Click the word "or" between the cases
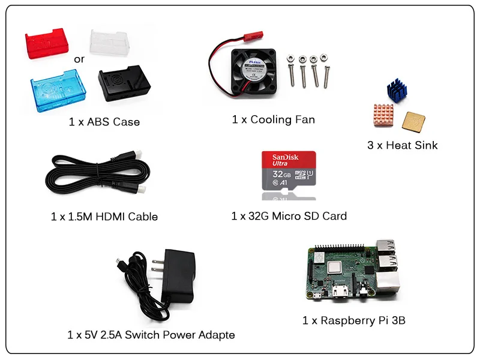click(79, 59)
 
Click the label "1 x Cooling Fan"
click(273, 119)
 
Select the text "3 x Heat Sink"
click(403, 145)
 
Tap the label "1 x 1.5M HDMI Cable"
click(104, 217)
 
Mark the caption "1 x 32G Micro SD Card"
click(289, 216)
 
